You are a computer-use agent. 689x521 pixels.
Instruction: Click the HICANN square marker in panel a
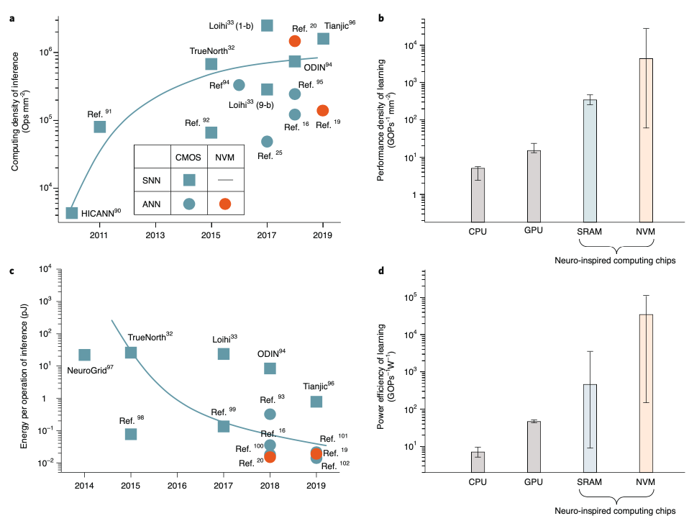(72, 213)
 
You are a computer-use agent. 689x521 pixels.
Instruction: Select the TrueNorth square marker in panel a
(211, 64)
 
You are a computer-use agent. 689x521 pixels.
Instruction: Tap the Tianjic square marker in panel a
(323, 39)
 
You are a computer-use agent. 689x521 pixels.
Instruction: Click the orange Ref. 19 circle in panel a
(322, 110)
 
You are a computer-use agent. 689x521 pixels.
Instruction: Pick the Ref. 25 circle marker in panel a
(267, 141)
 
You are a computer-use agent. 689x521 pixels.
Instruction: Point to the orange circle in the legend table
(225, 204)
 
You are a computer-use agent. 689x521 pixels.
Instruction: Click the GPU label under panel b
(534, 230)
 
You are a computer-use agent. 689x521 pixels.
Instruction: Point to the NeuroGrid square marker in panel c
(85, 355)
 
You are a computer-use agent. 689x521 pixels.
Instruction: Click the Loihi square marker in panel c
(224, 353)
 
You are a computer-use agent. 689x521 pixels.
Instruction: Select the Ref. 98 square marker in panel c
(131, 434)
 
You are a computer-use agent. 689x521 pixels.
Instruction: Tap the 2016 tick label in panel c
(177, 485)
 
